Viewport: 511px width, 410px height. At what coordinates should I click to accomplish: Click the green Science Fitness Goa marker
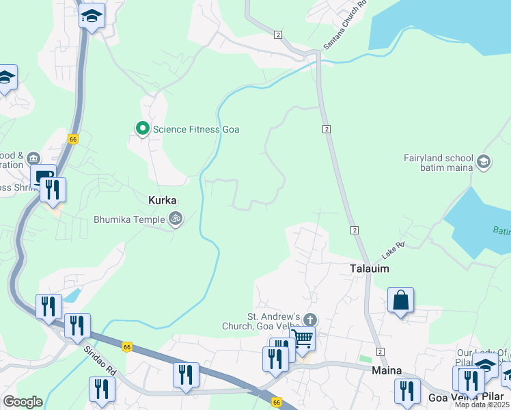tap(142, 128)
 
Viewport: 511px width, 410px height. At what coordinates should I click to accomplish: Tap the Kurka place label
tap(163, 201)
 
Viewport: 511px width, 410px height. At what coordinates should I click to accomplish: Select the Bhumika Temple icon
tap(176, 219)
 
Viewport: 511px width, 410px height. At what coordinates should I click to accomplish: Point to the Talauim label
tap(370, 269)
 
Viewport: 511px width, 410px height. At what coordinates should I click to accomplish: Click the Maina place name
tap(386, 370)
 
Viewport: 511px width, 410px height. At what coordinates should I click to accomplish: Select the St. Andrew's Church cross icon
tap(310, 320)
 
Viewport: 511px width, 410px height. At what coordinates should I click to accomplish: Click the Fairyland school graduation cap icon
tap(484, 162)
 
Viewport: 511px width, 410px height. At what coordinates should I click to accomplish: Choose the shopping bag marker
tap(400, 299)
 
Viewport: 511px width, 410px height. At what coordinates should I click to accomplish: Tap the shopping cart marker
tap(303, 338)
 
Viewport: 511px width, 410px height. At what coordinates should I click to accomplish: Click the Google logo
tap(23, 402)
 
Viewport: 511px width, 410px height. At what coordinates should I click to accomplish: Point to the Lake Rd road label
tap(393, 250)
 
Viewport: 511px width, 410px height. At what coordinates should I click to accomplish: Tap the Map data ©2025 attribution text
tap(481, 405)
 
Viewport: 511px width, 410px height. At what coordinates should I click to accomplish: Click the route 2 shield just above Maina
tap(380, 351)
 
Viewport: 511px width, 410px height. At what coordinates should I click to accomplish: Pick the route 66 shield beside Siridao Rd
tap(127, 346)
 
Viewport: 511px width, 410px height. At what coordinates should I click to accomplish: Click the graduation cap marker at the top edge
tap(92, 15)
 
